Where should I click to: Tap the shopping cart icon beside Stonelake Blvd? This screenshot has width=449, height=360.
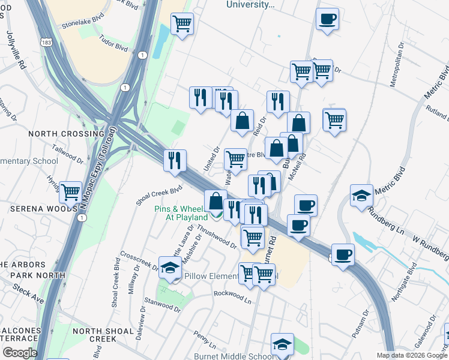[182, 25]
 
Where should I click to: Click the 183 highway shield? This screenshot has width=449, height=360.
[46, 42]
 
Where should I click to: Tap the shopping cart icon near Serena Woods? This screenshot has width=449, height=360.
[71, 193]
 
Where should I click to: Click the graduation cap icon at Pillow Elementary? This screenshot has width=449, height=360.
[170, 268]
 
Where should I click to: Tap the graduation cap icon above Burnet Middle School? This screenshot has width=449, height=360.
[282, 344]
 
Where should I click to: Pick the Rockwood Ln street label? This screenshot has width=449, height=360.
[233, 295]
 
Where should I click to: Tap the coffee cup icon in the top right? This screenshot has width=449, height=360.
[327, 19]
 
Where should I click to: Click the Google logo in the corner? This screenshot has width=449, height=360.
[19, 352]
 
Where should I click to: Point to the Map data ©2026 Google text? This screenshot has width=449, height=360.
[411, 355]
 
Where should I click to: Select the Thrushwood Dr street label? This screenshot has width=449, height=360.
[217, 237]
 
